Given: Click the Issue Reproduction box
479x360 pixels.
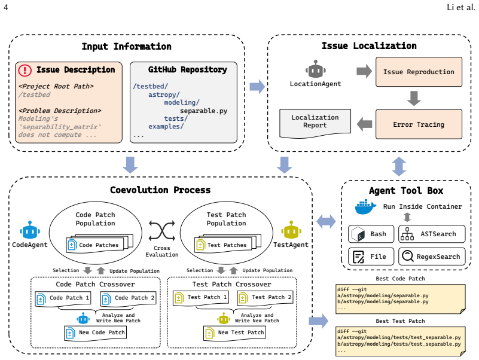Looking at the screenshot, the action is click(419, 72).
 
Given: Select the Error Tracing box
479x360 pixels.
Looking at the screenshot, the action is click(419, 124).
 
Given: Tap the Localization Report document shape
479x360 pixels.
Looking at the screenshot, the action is click(315, 123).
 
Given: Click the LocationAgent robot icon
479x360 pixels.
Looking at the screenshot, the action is click(316, 69).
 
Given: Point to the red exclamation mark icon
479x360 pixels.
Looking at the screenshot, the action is click(25, 70).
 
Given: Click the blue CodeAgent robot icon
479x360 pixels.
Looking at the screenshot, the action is click(30, 230).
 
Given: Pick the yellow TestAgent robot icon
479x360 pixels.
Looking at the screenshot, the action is click(291, 230).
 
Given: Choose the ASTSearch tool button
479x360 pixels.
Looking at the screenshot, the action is click(432, 234).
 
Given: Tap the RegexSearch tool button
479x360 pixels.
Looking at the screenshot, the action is click(432, 257).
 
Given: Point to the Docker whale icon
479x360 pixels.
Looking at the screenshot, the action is click(365, 207).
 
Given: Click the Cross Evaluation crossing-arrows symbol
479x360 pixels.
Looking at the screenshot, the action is click(162, 231).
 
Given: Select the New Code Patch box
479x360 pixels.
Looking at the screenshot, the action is click(95, 333).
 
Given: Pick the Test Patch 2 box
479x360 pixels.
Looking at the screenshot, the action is click(265, 298).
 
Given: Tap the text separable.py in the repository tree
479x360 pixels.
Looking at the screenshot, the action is click(203, 111).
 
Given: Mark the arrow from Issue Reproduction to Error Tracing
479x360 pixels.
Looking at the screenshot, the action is click(414, 98).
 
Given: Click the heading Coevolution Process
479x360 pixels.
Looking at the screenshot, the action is click(160, 190).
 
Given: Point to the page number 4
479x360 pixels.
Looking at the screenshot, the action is click(5, 7).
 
